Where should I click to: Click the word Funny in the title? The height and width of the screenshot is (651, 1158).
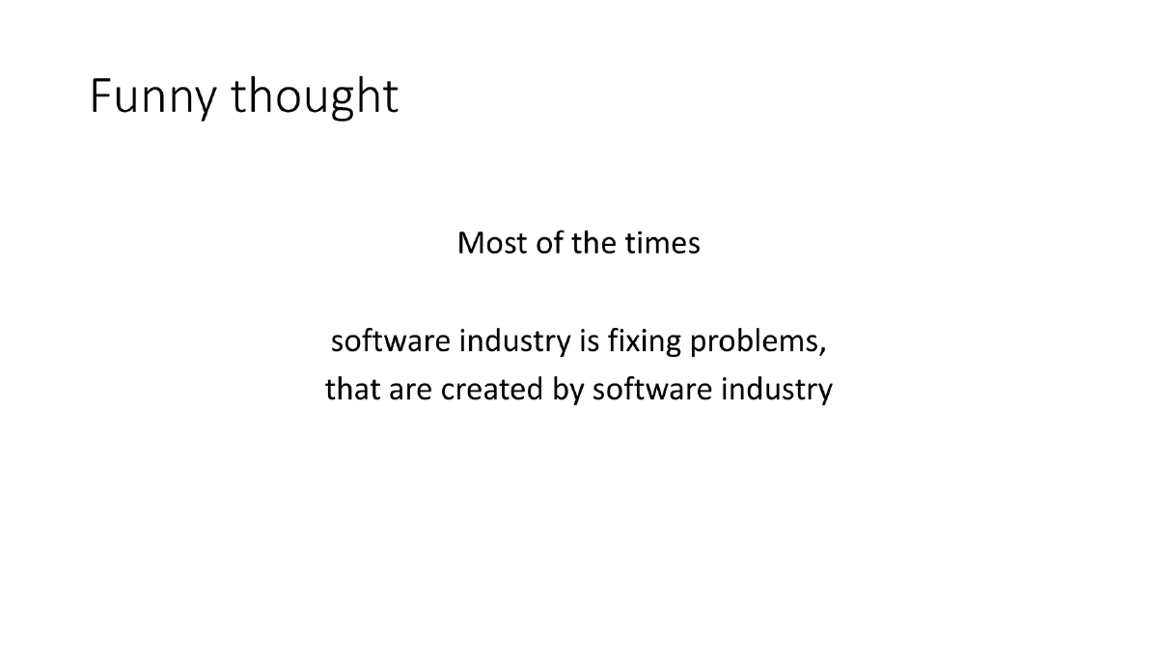coord(153,96)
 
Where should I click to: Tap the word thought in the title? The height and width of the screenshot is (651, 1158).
coord(314,96)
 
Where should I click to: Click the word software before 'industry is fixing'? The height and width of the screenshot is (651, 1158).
coord(391,341)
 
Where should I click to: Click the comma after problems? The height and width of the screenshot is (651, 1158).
coord(825,348)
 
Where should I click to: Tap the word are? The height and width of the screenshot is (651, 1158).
coord(407,390)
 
